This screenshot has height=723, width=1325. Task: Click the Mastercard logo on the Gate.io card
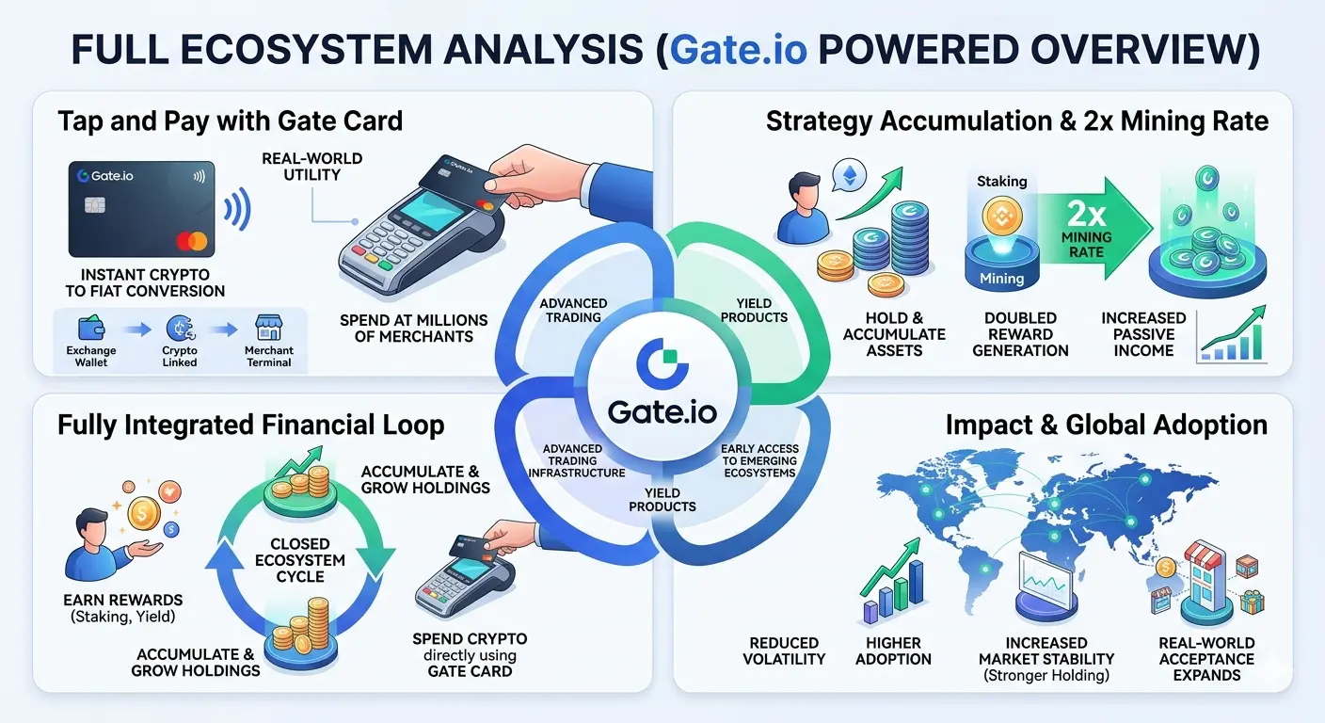click(192, 241)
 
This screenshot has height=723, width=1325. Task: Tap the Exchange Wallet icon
click(91, 329)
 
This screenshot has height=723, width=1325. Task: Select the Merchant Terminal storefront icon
click(268, 328)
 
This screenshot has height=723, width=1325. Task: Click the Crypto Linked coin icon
click(181, 329)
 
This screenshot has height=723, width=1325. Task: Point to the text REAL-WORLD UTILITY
click(312, 167)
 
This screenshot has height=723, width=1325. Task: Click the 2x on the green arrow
click(1086, 214)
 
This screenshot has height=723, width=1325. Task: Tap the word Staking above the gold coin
click(1001, 181)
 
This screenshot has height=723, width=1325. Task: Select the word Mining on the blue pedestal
click(1001, 278)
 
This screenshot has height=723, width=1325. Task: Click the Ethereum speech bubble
click(850, 176)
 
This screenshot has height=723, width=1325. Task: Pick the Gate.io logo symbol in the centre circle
click(662, 363)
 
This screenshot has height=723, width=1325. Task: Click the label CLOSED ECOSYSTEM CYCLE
click(300, 560)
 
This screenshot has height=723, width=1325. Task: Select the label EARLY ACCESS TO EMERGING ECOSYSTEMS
click(760, 461)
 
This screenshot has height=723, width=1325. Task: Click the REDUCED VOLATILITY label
click(784, 651)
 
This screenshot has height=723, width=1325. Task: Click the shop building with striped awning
click(1204, 582)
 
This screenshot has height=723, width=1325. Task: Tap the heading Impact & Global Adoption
click(1106, 425)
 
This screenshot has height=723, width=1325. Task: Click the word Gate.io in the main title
click(738, 49)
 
